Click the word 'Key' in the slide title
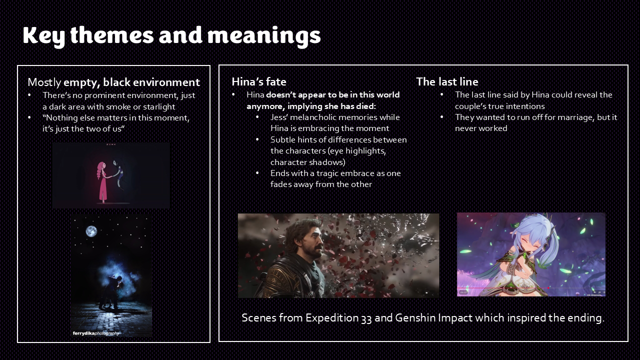pyautogui.click(x=43, y=35)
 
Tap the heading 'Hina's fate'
pyautogui.click(x=259, y=81)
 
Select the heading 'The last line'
pyautogui.click(x=447, y=81)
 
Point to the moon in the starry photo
pyautogui.click(x=91, y=231)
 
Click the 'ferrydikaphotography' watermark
pyautogui.click(x=95, y=333)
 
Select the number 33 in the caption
pyautogui.click(x=366, y=318)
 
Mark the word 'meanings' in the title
pyautogui.click(x=264, y=35)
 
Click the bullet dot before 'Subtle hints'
pyautogui.click(x=257, y=139)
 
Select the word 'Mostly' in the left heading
pyautogui.click(x=44, y=82)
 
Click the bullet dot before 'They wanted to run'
pyautogui.click(x=441, y=117)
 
